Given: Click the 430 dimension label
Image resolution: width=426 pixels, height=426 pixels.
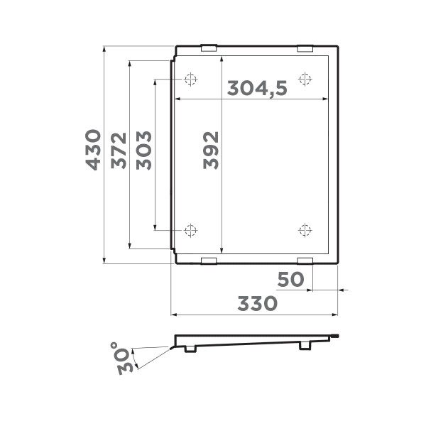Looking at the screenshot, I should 92,149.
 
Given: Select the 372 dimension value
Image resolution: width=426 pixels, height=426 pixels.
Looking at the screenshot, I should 119,151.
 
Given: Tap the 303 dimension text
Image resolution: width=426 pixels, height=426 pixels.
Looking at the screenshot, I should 143,149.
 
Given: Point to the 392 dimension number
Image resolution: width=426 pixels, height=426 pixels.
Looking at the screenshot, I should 210,149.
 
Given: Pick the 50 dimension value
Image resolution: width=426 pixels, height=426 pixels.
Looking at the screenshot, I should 290,280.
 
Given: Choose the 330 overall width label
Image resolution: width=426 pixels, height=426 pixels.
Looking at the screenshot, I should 257,304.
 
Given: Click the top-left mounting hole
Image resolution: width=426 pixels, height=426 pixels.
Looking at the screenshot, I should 190,78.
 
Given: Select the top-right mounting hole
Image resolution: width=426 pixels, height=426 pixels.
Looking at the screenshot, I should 305,78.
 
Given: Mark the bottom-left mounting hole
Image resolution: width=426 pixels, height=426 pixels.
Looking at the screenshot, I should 190,229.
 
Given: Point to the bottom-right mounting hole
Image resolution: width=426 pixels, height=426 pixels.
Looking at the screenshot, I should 305,229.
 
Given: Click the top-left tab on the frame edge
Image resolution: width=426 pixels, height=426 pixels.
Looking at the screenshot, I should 209,49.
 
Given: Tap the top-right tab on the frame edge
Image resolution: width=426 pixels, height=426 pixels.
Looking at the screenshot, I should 305,49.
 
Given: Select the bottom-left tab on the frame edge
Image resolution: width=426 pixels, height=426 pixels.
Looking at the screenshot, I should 209,261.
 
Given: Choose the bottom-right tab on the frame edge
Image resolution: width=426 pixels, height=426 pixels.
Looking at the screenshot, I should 305,261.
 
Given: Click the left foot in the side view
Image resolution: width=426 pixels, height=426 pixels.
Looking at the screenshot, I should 190,348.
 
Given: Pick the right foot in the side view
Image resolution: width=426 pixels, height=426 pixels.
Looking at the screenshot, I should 305,345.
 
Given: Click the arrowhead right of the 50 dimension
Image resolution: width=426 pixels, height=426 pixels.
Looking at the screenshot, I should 341,290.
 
